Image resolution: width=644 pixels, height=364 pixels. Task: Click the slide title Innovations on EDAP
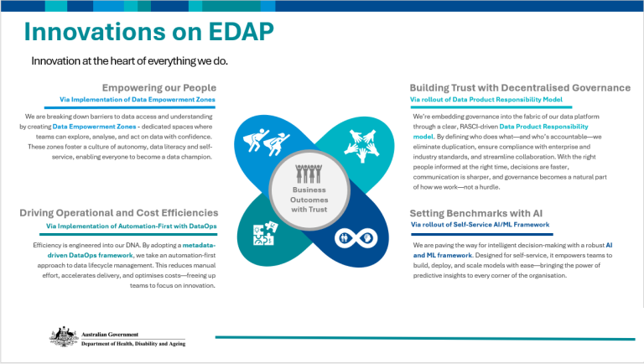click(x=148, y=32)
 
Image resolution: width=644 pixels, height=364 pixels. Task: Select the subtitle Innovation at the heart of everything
click(x=129, y=61)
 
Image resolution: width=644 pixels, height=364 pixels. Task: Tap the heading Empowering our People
click(x=159, y=87)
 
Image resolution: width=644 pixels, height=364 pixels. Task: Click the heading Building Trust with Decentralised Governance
click(x=520, y=87)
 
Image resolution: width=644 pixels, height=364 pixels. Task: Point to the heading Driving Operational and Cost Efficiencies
click(x=119, y=213)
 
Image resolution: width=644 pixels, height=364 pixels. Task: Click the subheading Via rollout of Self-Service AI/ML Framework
click(x=480, y=226)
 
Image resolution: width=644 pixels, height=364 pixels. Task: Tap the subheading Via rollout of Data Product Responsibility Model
click(x=486, y=99)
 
